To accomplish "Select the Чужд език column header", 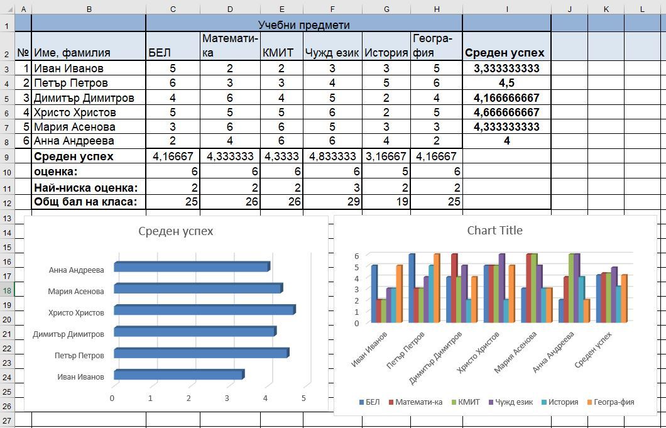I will pyautogui.click(x=332, y=53).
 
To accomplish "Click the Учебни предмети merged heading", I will pyautogui.click(x=304, y=25).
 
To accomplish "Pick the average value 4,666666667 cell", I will pyautogui.click(x=506, y=112).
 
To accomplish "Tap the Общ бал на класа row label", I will pyautogui.click(x=85, y=202).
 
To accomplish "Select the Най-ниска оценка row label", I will pyautogui.click(x=85, y=187).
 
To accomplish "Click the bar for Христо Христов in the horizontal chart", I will pyautogui.click(x=204, y=310).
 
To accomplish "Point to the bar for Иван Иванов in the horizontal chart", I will pyautogui.click(x=178, y=375).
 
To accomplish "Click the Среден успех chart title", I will pyautogui.click(x=176, y=231).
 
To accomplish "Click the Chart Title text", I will pyautogui.click(x=494, y=231).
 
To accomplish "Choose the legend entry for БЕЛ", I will pyautogui.click(x=371, y=402).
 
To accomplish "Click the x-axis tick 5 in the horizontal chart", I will pyautogui.click(x=303, y=398).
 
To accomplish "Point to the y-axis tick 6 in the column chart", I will pyautogui.click(x=357, y=256).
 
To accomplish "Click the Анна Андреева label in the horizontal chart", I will pyautogui.click(x=76, y=270).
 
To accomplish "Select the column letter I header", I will pyautogui.click(x=506, y=9).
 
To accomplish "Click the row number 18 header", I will pyautogui.click(x=7, y=290).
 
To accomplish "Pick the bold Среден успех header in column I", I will pyautogui.click(x=505, y=53).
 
